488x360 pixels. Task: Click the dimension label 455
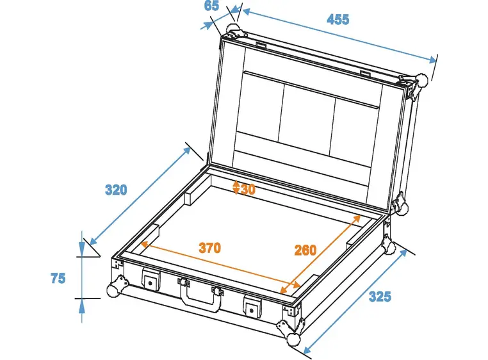click(x=338, y=19)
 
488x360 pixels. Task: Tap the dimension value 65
click(x=212, y=6)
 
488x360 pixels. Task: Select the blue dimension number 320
click(x=116, y=190)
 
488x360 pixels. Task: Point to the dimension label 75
click(x=58, y=278)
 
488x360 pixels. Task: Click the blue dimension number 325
click(x=379, y=297)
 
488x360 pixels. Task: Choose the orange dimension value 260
click(x=305, y=250)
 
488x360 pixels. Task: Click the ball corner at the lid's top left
click(x=231, y=29)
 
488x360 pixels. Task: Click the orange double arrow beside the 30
click(x=236, y=188)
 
